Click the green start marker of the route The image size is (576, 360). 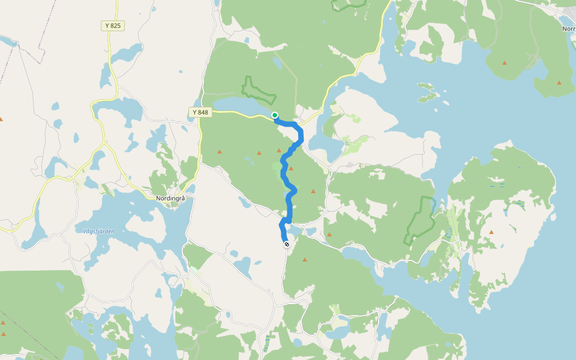pos(275,115)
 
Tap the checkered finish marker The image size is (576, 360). pos(287,244)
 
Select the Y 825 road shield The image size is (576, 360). pos(112,26)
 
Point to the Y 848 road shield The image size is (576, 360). pos(200,112)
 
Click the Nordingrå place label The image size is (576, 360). pos(170,199)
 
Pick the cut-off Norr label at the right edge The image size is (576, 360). pos(568,29)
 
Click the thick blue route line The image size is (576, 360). pos(290,198)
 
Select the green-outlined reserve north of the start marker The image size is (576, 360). pos(258,91)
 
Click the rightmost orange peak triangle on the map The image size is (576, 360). pos(559,82)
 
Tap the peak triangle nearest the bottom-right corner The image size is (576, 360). pos(491,232)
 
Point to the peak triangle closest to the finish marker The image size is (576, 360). pos(305,260)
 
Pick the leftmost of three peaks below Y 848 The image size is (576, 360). pos(219,151)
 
